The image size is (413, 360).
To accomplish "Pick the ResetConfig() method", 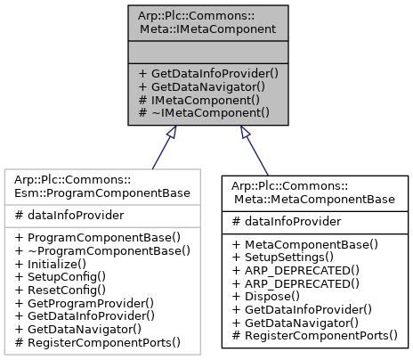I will [61, 289].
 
